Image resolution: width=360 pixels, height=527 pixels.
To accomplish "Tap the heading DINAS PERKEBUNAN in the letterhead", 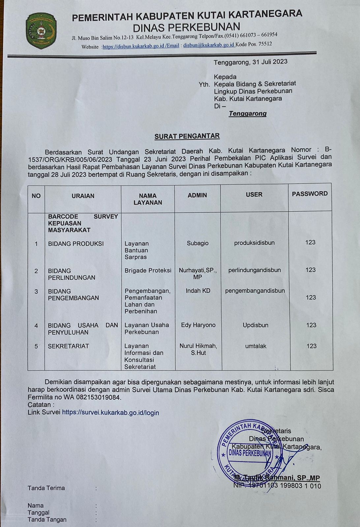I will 187,26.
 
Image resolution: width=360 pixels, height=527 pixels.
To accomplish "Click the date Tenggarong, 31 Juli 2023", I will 250,62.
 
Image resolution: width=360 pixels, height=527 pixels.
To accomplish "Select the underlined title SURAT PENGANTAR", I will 187,136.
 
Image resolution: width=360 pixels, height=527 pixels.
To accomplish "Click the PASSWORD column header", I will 310,194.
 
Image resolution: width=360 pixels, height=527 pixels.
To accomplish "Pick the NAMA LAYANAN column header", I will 148,199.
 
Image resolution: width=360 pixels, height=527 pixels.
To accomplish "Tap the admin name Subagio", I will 197,243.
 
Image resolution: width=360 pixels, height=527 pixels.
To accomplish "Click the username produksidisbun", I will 254,243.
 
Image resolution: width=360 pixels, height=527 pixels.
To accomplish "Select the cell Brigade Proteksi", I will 148,270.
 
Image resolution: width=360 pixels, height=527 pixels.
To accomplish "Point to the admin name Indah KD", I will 198,291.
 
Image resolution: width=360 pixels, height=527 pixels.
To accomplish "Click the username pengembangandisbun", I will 255,291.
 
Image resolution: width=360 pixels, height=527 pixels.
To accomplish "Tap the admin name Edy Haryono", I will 198,325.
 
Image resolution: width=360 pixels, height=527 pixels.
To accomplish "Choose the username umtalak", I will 255,346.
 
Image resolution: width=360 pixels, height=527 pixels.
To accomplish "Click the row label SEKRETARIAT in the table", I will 68,346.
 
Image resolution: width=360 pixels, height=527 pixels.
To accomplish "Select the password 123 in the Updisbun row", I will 311,325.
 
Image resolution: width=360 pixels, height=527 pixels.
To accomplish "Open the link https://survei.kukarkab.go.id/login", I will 110,412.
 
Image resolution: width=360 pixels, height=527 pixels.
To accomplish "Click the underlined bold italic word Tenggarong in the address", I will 248,114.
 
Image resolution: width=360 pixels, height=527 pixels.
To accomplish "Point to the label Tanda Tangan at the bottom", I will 47,519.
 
